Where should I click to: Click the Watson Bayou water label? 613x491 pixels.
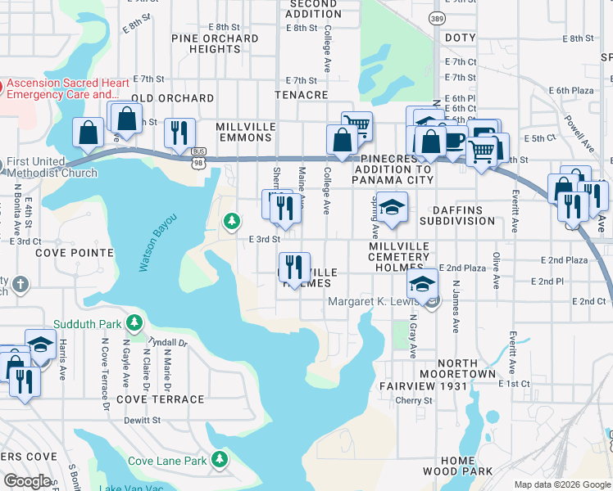[x=147, y=246]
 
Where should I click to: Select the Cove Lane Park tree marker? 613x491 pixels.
[x=219, y=460]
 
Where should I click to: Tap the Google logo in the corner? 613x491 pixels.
[x=27, y=481]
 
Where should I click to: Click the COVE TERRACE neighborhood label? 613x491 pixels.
[x=160, y=399]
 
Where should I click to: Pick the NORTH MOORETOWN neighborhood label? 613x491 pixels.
[x=466, y=368]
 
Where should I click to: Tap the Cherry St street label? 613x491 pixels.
[x=414, y=401]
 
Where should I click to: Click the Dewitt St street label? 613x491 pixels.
[x=143, y=420]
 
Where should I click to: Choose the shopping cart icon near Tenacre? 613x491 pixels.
[x=356, y=125]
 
